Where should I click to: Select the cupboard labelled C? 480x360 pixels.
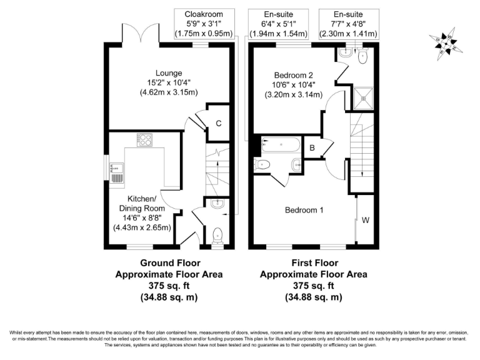[x=218, y=123]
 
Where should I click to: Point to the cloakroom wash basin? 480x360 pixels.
[x=217, y=204]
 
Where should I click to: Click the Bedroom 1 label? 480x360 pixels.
[x=304, y=210]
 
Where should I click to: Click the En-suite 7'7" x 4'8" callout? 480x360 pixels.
[x=348, y=23]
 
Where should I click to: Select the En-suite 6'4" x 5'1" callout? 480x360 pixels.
[x=279, y=23]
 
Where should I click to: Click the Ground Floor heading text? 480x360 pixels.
[x=169, y=262]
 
